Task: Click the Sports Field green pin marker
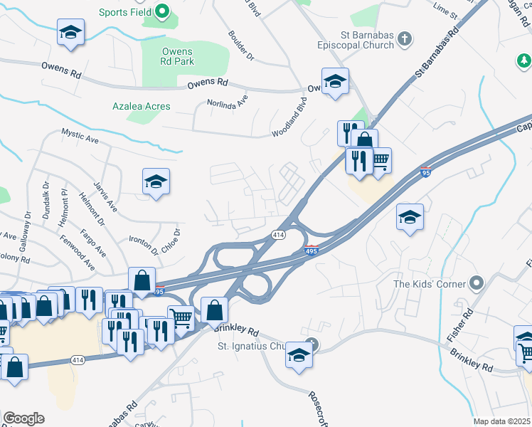coord(161,11)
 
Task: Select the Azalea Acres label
coord(142,106)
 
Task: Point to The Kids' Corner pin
coord(477,284)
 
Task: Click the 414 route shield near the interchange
coord(278,235)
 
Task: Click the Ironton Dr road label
coord(144,246)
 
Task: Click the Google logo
coord(23,418)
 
